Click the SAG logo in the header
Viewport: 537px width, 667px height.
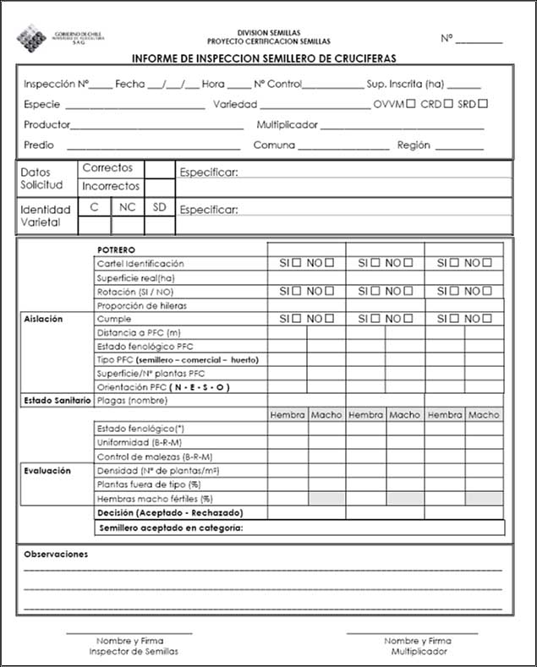35,37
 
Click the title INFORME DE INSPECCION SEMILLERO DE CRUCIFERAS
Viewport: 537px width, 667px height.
264,59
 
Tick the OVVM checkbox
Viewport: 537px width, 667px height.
410,105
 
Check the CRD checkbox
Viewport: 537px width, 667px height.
447,105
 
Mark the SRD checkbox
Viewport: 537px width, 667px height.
484,105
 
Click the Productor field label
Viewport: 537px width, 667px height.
47,125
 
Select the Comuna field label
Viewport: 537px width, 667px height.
274,145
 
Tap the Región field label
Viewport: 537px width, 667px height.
414,145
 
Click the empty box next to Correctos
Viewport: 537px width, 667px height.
159,169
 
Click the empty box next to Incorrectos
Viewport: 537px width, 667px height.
159,186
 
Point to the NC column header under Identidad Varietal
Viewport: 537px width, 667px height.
127,207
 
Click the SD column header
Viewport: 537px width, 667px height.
159,207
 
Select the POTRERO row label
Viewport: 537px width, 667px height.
116,250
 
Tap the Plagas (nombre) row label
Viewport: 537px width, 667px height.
133,400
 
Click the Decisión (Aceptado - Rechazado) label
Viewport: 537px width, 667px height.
170,513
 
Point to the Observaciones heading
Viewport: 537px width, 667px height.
56,555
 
